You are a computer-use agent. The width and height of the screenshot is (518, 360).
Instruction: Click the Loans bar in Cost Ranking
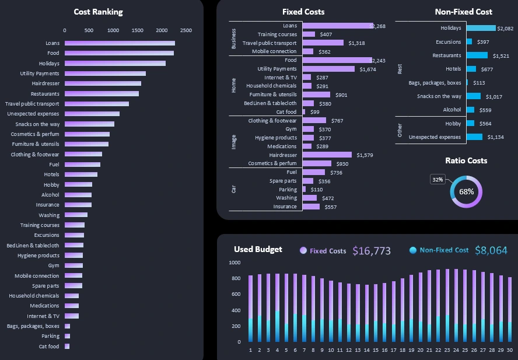(120, 43)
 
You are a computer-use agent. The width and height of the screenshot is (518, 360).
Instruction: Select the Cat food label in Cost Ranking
(49, 347)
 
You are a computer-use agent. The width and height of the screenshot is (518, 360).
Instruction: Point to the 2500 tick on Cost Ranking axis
(186, 30)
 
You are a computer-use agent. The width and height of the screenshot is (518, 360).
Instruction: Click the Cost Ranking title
(98, 12)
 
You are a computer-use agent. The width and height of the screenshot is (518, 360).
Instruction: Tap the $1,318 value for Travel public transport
(356, 43)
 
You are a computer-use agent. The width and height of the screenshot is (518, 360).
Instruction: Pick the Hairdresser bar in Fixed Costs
(327, 155)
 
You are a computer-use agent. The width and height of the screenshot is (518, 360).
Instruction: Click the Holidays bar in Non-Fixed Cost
(481, 28)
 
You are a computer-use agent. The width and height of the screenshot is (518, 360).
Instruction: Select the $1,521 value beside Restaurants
(501, 56)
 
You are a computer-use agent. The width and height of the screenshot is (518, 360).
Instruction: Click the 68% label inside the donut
(466, 191)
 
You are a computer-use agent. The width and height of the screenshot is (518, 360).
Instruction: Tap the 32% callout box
(437, 179)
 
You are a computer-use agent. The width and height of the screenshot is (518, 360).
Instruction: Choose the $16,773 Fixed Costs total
(372, 251)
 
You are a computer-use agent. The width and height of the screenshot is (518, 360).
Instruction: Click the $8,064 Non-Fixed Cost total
(491, 250)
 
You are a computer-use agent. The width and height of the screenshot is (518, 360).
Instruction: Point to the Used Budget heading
(258, 250)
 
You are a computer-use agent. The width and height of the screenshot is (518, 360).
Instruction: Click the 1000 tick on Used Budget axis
(234, 263)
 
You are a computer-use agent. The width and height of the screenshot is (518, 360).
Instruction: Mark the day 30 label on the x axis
(510, 350)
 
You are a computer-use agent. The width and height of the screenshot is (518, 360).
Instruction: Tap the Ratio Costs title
(466, 160)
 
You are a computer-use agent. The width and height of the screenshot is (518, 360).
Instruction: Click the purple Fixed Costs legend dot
(303, 251)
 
